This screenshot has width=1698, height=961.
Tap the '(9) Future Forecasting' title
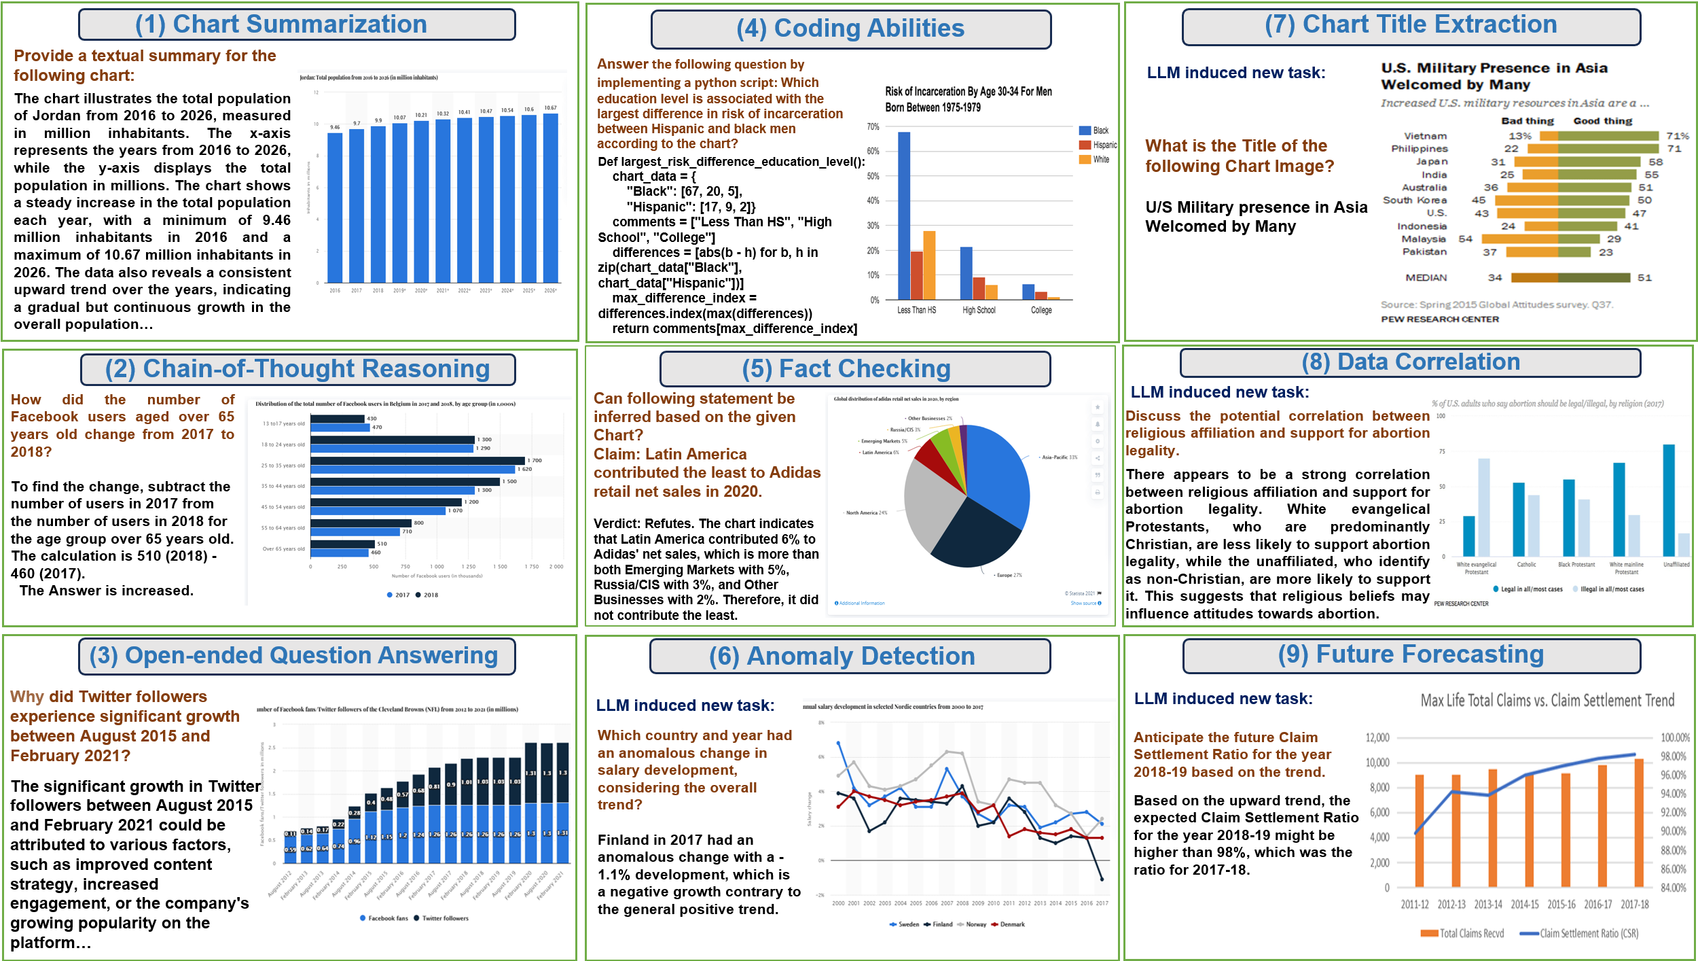[1411, 654]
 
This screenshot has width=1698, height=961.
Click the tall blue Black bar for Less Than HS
[904, 215]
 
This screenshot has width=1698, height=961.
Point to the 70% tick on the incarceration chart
[873, 127]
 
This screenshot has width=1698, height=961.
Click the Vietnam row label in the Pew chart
[1425, 136]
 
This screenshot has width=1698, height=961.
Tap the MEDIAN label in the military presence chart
[1426, 277]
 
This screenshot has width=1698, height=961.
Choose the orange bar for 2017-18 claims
[1638, 822]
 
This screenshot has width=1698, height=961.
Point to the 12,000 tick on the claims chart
[1377, 737]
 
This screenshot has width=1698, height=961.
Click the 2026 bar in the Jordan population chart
[550, 198]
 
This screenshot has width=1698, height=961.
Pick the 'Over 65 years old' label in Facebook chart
[283, 548]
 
